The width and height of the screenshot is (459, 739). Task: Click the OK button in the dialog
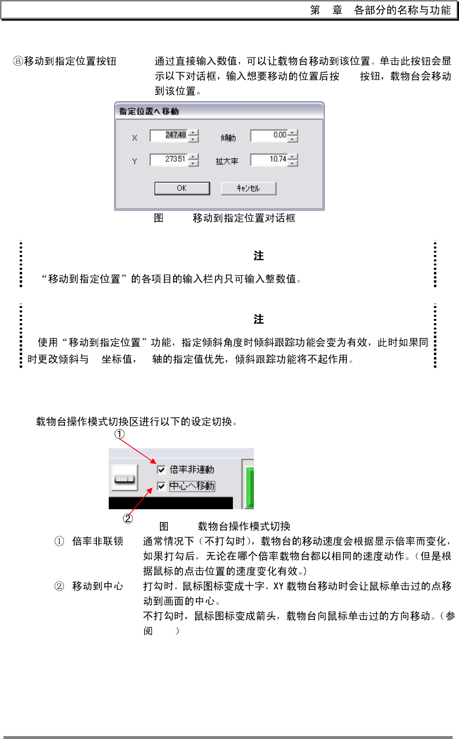click(182, 188)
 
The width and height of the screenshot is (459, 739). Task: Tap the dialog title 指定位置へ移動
click(149, 111)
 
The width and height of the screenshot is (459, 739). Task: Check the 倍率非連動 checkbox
click(161, 469)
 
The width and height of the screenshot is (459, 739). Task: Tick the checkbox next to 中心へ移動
click(161, 486)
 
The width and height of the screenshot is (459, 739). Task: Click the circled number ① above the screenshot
click(120, 434)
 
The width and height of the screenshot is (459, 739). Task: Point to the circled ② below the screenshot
click(128, 518)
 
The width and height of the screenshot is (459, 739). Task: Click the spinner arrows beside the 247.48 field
click(194, 135)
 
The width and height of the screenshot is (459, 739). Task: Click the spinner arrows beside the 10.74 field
click(293, 159)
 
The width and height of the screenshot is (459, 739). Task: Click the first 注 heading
click(259, 256)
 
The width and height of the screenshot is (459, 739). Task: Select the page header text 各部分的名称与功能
click(402, 10)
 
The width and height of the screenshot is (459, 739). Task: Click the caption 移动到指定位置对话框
click(244, 218)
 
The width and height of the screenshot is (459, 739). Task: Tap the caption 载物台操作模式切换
click(244, 526)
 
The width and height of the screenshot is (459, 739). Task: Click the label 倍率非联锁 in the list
click(97, 542)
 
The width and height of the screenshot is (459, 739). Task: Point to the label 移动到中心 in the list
click(97, 586)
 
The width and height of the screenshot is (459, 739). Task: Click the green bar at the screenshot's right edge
click(250, 487)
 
